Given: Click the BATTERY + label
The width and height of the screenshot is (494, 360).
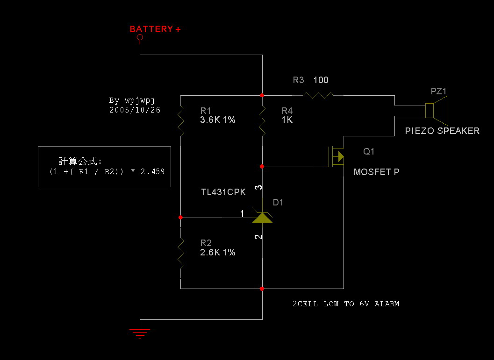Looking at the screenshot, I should [155, 29].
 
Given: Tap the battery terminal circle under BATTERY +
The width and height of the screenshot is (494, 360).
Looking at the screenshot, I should [140, 38].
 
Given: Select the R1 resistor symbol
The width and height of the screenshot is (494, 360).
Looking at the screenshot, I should [180, 120].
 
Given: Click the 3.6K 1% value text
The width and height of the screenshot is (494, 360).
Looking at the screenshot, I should [217, 120].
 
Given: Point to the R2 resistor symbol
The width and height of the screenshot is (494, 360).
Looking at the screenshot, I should [180, 253].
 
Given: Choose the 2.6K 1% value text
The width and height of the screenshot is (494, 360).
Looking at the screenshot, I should [217, 253].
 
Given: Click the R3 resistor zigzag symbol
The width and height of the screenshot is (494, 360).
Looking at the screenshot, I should [318, 95].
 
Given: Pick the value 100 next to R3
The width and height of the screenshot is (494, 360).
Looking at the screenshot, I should [321, 80].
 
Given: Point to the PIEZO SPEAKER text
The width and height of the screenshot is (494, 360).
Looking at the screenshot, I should [442, 131].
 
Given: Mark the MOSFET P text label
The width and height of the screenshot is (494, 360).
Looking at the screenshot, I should [376, 172].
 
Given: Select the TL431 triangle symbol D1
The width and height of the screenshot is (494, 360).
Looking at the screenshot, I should [262, 218].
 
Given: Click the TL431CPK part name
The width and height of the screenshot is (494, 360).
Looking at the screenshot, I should [223, 192].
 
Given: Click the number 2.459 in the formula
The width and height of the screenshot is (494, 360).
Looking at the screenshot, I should [152, 172].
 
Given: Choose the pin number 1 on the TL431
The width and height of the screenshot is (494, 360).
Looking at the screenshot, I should [242, 213].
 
